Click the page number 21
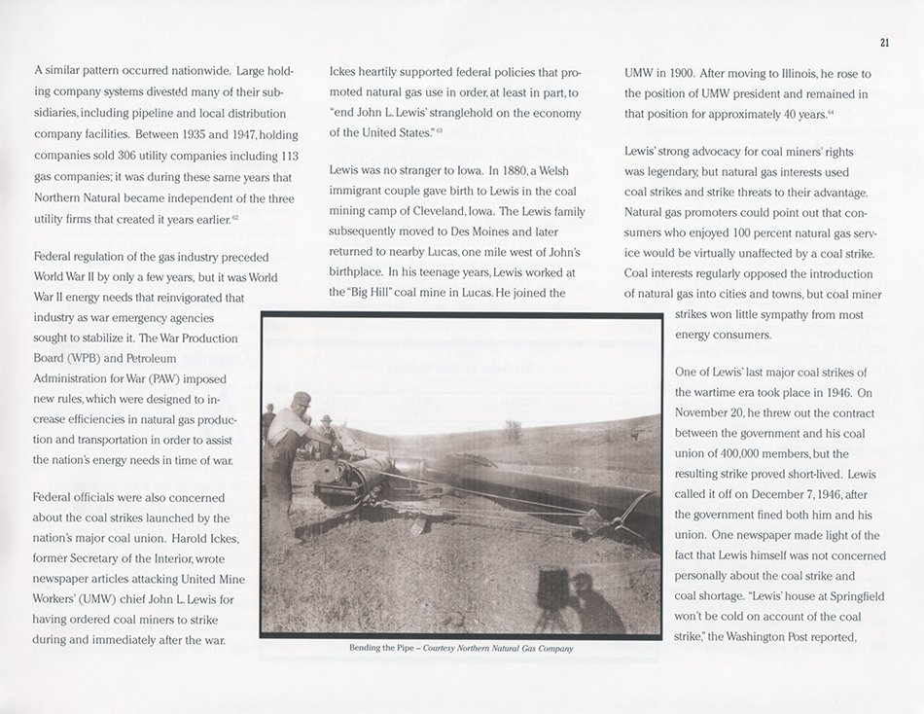tap(883, 42)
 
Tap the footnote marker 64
tap(831, 114)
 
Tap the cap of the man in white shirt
tap(303, 399)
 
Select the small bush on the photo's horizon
tap(513, 428)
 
